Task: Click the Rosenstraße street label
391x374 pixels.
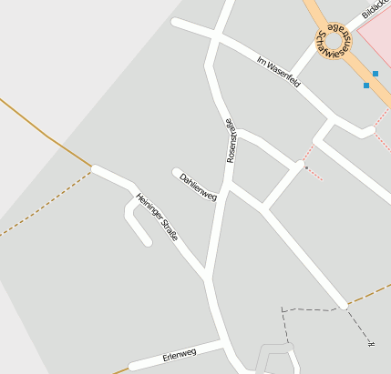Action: point(232,141)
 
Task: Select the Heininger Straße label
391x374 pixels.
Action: point(157,217)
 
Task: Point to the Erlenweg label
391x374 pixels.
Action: point(180,353)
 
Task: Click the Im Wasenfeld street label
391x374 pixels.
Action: point(278,74)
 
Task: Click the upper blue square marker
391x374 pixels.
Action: point(375,74)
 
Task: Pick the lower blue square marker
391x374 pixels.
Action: point(366,86)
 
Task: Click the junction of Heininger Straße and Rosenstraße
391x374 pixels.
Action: point(209,274)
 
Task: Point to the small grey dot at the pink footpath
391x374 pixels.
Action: point(305,167)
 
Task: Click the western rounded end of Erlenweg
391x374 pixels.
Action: point(133,367)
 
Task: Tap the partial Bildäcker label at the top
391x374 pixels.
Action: point(375,9)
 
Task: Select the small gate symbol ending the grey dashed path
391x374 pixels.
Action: point(370,343)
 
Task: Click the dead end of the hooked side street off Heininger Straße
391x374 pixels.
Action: point(148,242)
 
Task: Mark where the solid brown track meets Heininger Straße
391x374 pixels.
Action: point(93,168)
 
